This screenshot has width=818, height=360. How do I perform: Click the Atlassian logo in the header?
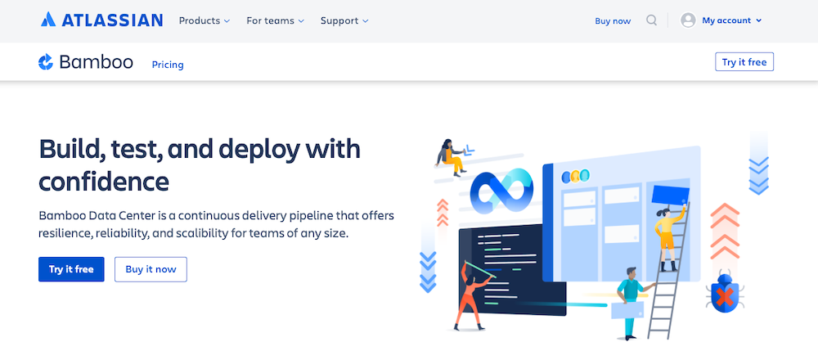(101, 20)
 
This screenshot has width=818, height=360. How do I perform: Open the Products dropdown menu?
(204, 21)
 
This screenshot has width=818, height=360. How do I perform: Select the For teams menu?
(276, 21)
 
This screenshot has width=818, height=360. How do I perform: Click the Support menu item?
(344, 21)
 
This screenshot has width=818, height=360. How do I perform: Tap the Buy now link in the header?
(613, 21)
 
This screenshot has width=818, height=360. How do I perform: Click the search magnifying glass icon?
(652, 20)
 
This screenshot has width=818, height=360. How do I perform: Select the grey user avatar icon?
(688, 20)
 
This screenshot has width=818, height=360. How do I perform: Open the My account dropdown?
(731, 20)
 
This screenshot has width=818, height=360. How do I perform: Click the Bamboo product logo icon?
(46, 61)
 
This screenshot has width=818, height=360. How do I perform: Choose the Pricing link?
(168, 65)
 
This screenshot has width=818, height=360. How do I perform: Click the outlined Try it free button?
(744, 62)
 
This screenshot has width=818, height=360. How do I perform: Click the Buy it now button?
(151, 269)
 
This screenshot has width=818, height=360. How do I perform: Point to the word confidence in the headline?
(103, 182)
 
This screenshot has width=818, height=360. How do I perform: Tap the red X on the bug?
(724, 298)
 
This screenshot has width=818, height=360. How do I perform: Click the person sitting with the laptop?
(450, 157)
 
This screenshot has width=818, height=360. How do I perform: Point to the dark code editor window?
(511, 270)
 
